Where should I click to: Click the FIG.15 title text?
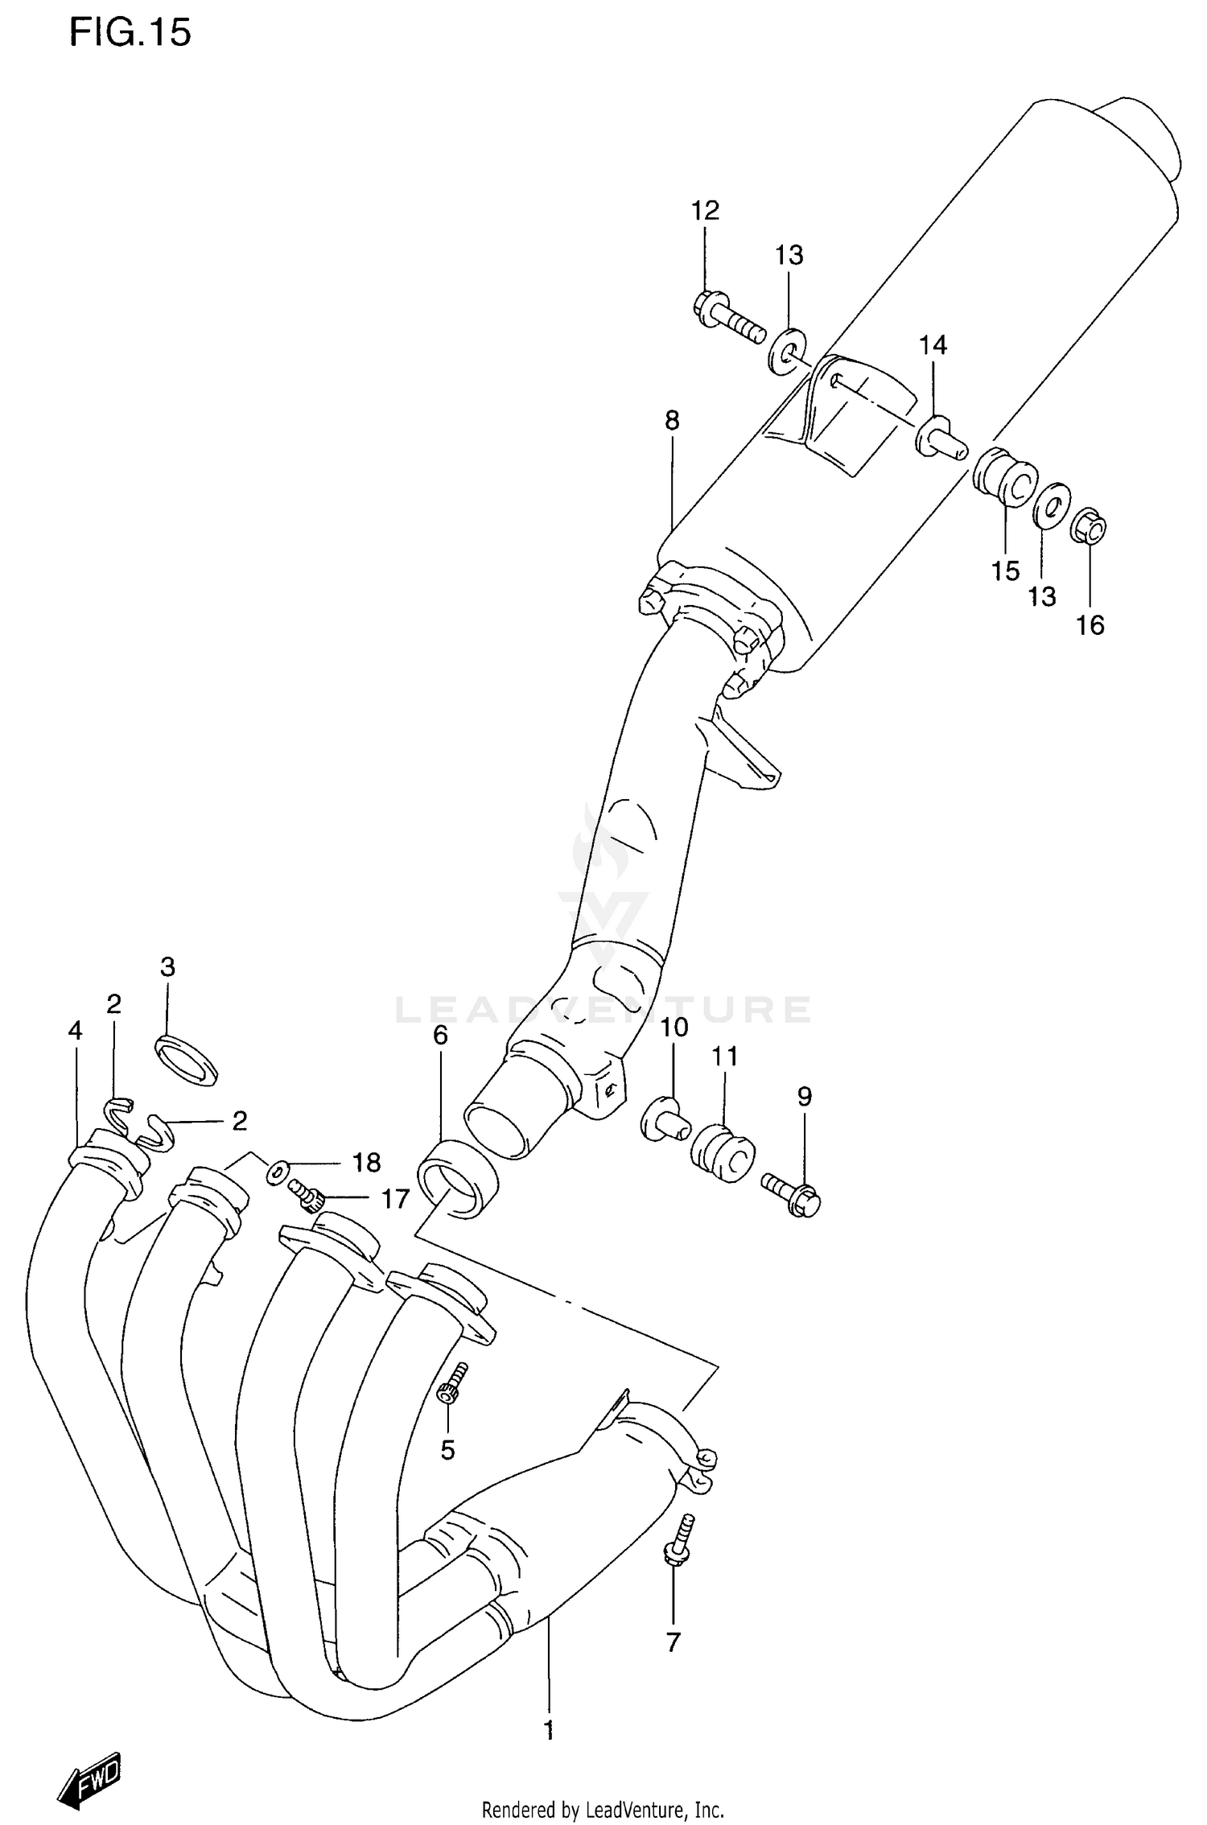click(130, 33)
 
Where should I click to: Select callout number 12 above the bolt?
click(705, 211)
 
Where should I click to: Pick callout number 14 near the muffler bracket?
click(933, 345)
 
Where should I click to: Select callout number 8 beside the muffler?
click(672, 420)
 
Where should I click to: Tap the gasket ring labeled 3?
click(187, 1061)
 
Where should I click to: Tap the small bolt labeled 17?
click(307, 1195)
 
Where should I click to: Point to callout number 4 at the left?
click(75, 1031)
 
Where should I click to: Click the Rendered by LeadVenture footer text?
click(603, 1811)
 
